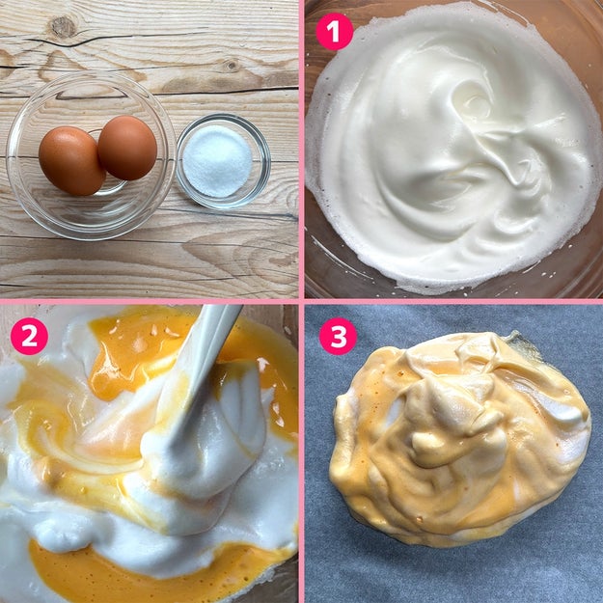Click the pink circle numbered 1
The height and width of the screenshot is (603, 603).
[334, 32]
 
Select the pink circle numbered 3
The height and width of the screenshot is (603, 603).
[338, 336]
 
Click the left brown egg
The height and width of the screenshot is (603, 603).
[71, 161]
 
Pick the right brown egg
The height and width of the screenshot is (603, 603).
[127, 148]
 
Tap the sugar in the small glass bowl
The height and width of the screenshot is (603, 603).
[217, 161]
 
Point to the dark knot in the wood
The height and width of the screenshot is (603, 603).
[63, 27]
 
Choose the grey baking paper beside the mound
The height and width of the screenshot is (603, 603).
[453, 569]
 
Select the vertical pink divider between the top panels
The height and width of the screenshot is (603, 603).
[301, 150]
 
